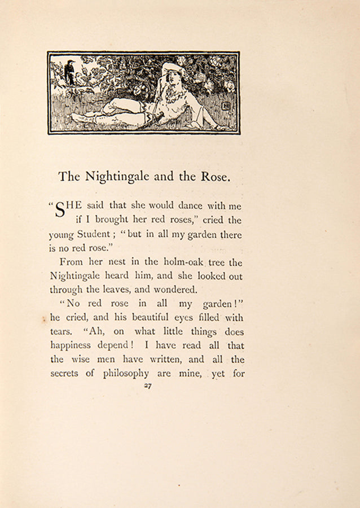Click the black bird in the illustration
coord(71,71)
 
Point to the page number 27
coord(148,386)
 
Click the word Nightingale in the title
coord(117,177)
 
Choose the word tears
coord(60,332)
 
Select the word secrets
coord(65,373)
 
